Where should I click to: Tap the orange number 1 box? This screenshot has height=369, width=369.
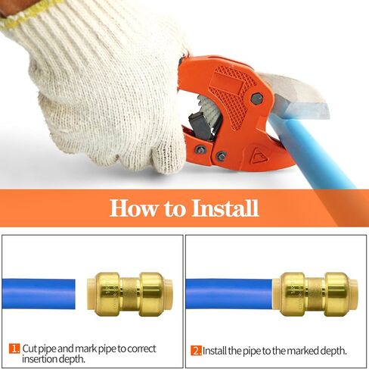pos(14,349)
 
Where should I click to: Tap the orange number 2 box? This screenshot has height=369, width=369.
pos(196,350)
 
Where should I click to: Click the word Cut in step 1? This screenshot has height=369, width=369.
pos(30,349)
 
